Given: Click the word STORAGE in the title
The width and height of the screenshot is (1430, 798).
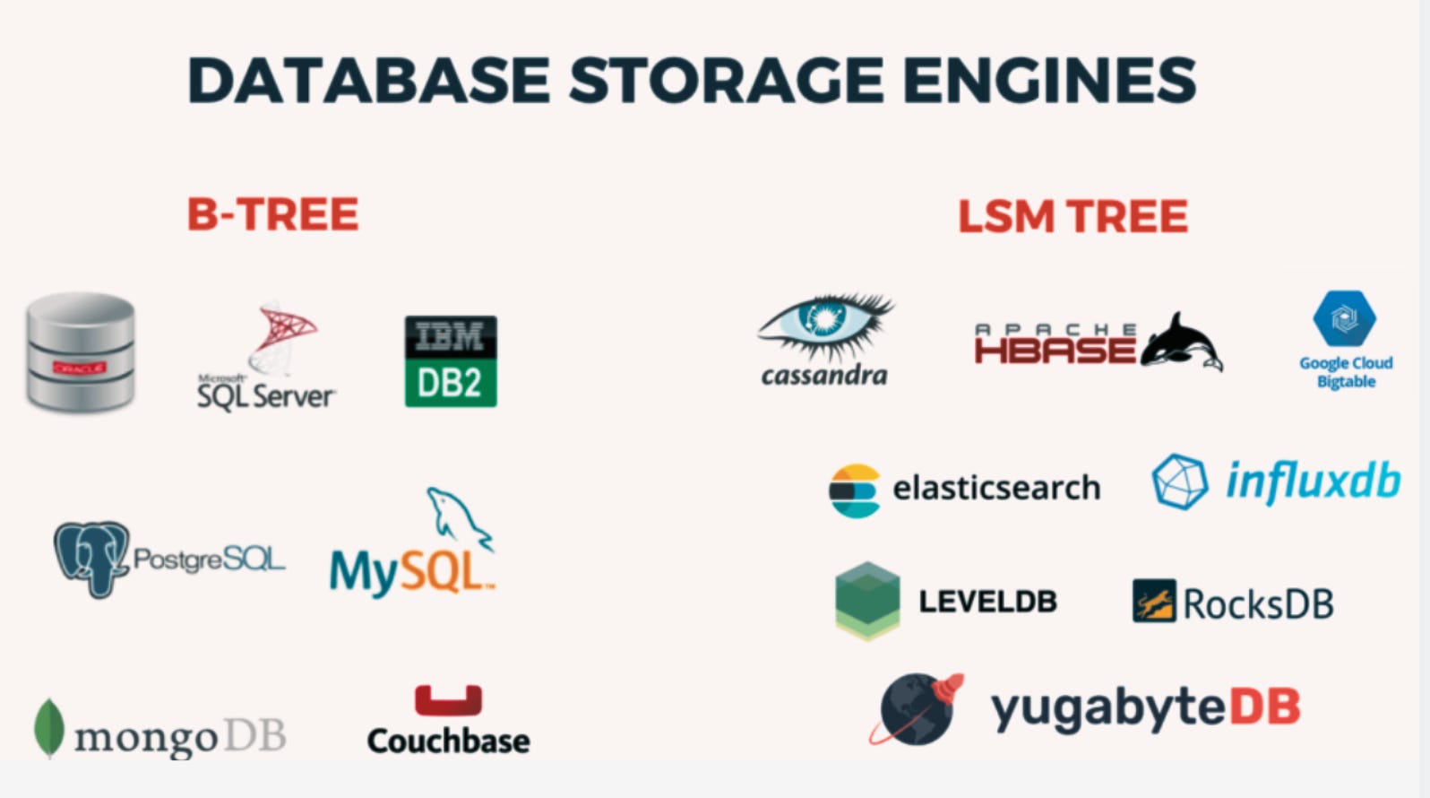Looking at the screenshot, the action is pyautogui.click(x=727, y=80).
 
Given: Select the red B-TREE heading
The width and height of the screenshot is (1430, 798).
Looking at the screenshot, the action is pyautogui.click(x=272, y=215).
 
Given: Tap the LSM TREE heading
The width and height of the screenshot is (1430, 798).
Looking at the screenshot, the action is pyautogui.click(x=1072, y=217).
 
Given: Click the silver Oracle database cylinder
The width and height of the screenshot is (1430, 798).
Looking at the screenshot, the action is pyautogui.click(x=80, y=351).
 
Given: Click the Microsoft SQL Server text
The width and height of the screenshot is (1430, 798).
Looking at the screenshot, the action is pyautogui.click(x=266, y=395).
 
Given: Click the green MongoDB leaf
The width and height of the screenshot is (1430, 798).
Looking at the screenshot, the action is pyautogui.click(x=48, y=727).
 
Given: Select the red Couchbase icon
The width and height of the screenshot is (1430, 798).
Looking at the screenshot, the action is pyautogui.click(x=448, y=699).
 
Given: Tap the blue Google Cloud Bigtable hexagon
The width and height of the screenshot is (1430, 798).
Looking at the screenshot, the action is pyautogui.click(x=1344, y=318).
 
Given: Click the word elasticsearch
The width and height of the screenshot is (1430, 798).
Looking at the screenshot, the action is pyautogui.click(x=996, y=489).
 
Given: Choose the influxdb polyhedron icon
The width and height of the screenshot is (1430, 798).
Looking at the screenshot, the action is pyautogui.click(x=1179, y=481).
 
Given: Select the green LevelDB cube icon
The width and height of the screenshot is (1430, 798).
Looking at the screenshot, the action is pyautogui.click(x=866, y=600).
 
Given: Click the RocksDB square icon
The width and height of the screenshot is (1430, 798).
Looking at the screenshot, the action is pyautogui.click(x=1154, y=601).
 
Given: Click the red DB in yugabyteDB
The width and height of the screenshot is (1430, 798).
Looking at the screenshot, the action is pyautogui.click(x=1264, y=707).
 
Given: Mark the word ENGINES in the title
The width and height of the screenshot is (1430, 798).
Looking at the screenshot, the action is pyautogui.click(x=1048, y=80).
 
